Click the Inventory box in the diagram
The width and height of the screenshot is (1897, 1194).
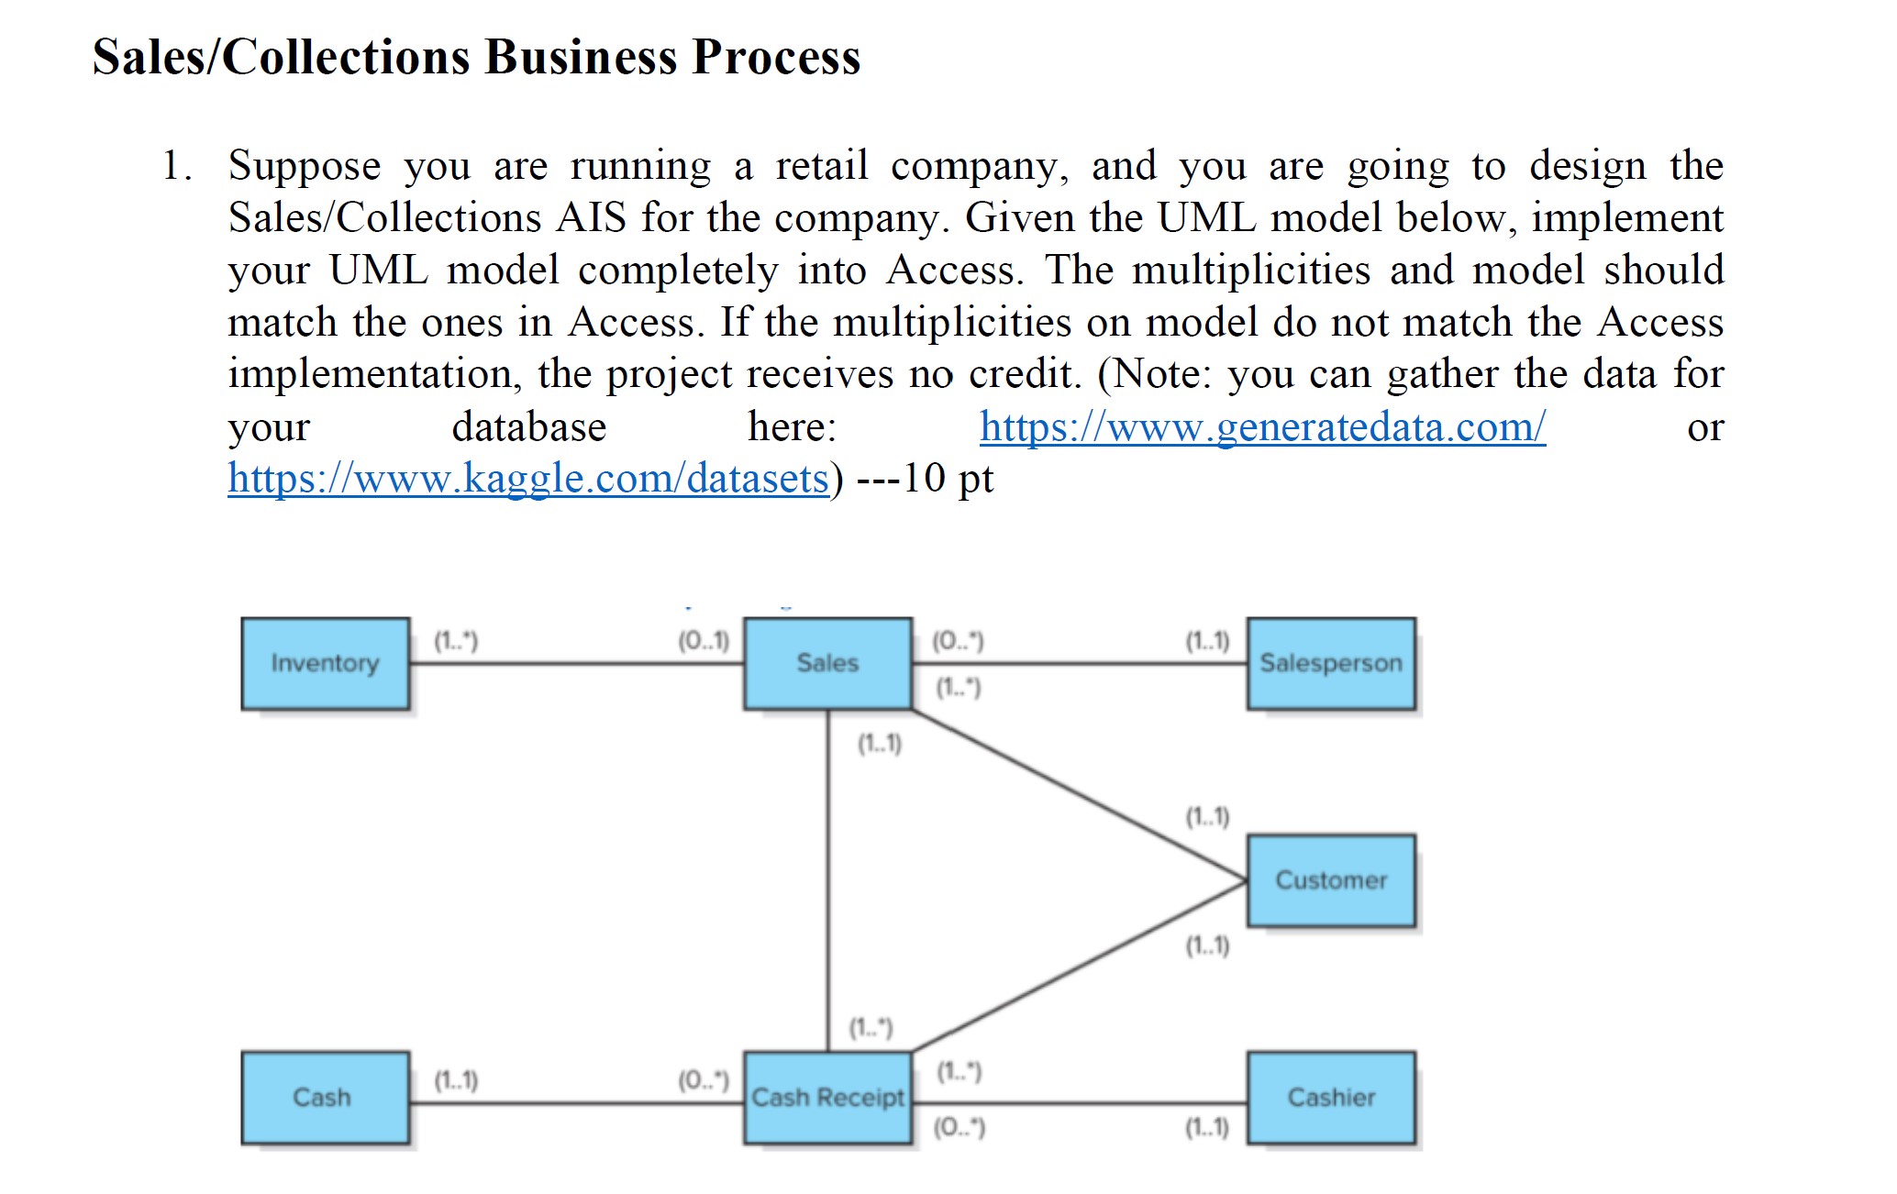[x=325, y=663]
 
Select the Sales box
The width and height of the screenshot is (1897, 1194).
[x=827, y=663]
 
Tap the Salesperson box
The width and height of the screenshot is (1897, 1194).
[x=1330, y=663]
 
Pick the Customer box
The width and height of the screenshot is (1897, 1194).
[x=1330, y=880]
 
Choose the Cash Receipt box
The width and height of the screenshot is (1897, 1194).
[x=827, y=1098]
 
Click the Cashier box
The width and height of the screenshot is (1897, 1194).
[x=1330, y=1098]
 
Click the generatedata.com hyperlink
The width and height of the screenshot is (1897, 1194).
[x=1262, y=426]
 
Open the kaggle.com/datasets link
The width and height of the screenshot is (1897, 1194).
[x=528, y=479]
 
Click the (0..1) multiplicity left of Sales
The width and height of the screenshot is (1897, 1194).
[x=704, y=640]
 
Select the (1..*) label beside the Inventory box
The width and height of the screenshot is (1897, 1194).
[x=456, y=640]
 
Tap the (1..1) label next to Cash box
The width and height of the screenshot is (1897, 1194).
[x=456, y=1080]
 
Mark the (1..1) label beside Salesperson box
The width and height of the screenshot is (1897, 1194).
[x=1207, y=640]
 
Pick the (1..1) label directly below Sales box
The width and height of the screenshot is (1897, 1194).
[x=880, y=744]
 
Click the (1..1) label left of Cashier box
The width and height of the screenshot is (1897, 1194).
[x=1207, y=1127]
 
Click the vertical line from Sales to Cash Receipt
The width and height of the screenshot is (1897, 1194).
[x=827, y=880]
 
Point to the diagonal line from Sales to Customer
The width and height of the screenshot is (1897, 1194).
[x=1079, y=794]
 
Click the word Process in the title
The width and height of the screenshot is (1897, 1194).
[x=776, y=57]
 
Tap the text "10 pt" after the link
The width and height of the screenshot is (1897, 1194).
[x=948, y=479]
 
